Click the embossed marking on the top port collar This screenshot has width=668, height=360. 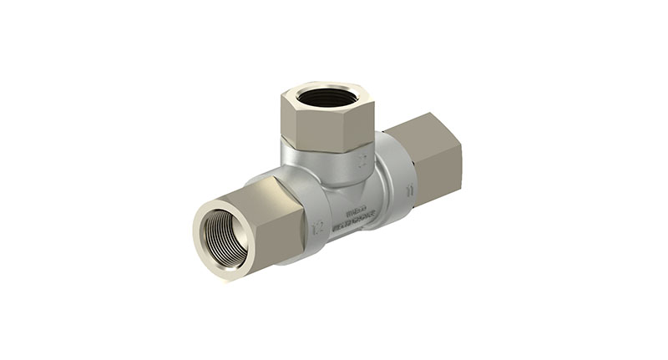click(x=361, y=157)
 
